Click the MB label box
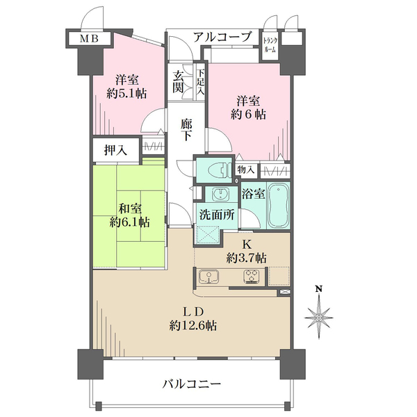tap(88, 38)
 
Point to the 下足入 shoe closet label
tap(199, 81)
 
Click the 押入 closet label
tap(115, 148)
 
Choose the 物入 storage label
tap(245, 169)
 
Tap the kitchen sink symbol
tap(208, 278)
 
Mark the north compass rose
tap(319, 317)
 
